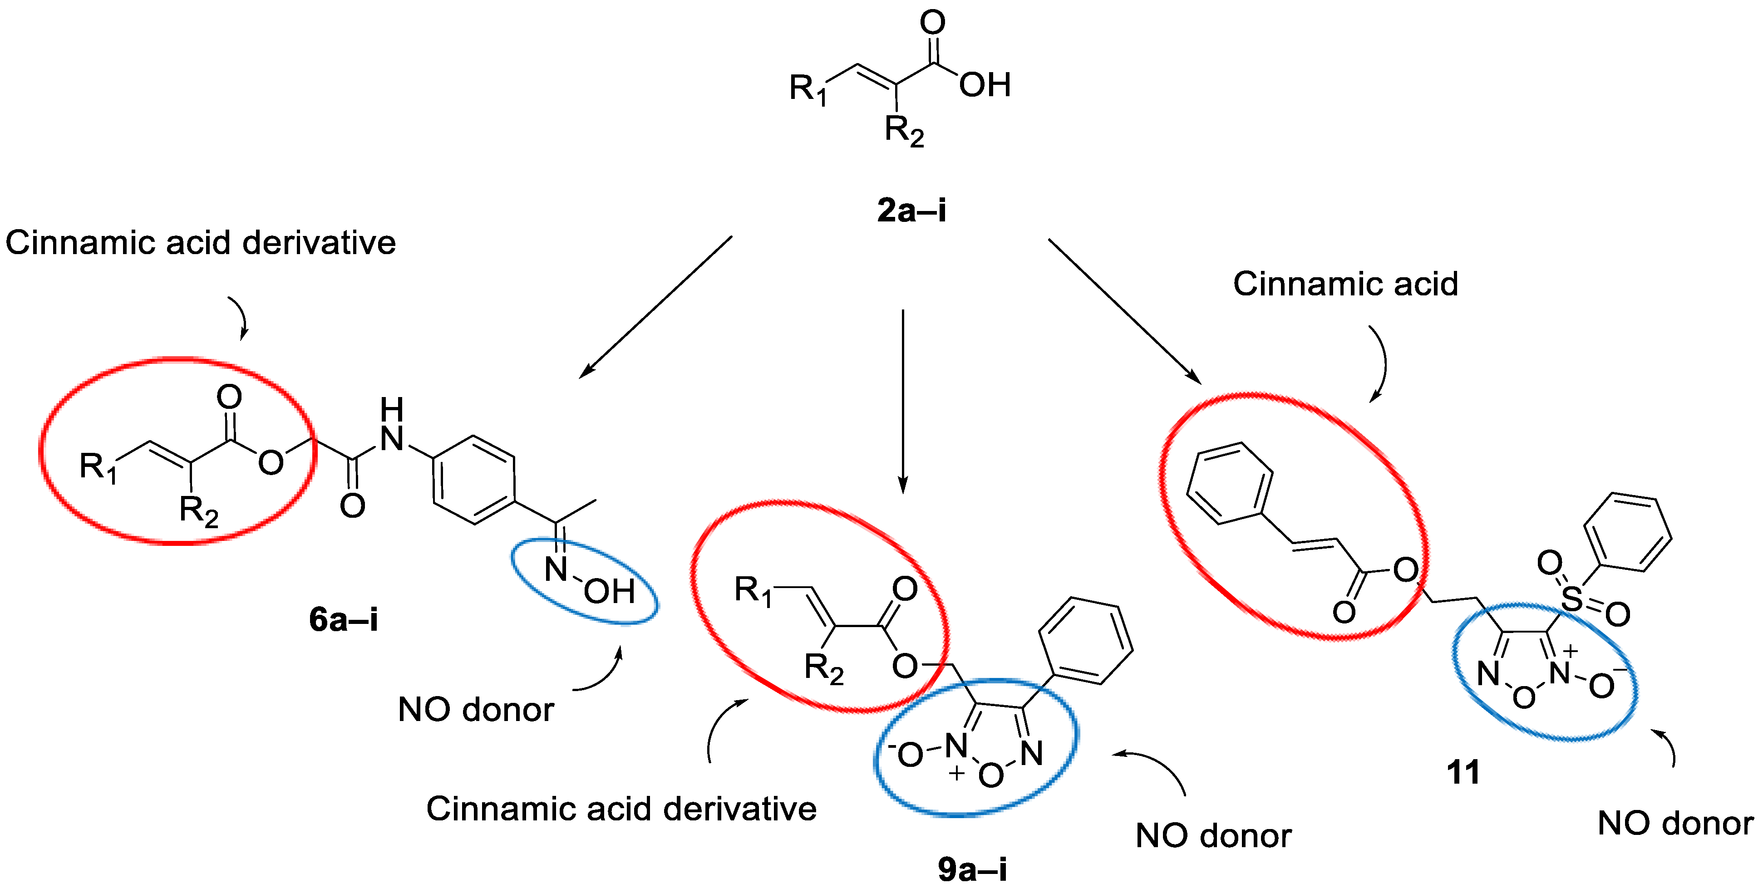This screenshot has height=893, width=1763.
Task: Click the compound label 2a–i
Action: [x=911, y=210]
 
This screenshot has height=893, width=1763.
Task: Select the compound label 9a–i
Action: [x=972, y=869]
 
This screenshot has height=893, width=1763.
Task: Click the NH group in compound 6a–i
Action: [x=391, y=426]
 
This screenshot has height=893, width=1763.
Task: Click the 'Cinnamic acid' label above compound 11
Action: [x=1345, y=284]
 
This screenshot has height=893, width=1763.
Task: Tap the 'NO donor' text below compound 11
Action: [x=1674, y=823]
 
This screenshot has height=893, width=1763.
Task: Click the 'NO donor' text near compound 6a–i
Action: [x=476, y=710]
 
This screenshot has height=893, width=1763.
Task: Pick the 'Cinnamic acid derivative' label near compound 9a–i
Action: [x=621, y=809]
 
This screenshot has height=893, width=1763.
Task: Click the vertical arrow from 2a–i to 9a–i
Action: [x=903, y=400]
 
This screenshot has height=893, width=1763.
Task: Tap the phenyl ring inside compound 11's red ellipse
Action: [x=1230, y=482]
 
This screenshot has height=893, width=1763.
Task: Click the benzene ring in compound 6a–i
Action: [x=473, y=479]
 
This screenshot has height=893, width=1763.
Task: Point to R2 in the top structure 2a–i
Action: [x=903, y=130]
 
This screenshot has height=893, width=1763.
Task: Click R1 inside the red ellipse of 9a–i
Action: [x=752, y=590]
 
